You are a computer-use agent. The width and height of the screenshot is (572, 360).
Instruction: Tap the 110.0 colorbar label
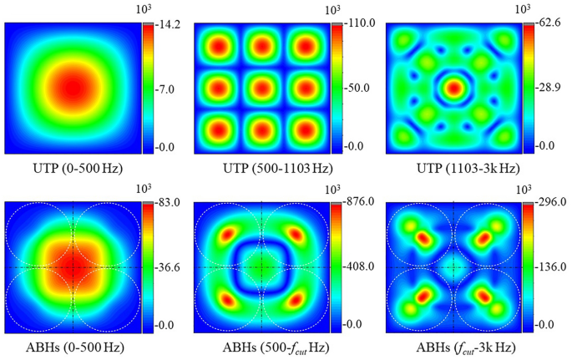tap(355, 25)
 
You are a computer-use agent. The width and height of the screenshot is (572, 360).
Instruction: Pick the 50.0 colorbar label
tap(353, 88)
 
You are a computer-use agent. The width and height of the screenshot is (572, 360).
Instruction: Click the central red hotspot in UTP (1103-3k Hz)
tap(453, 87)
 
